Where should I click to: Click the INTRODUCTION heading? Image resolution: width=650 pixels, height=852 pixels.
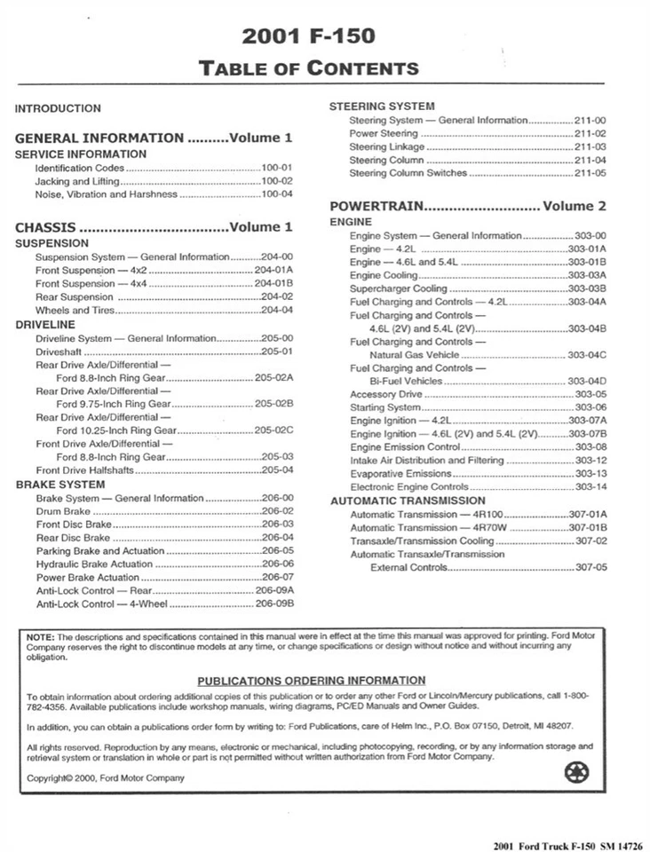coord(58,108)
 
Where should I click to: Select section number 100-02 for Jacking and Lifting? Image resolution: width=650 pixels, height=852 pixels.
coord(276,180)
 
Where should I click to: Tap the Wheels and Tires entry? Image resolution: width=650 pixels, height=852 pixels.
coord(75,311)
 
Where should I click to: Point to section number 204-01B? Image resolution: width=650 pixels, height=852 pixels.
coord(273,283)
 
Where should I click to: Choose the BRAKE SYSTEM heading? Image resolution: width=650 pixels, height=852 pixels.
coord(59,485)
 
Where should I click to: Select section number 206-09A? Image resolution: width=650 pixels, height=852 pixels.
coord(273,590)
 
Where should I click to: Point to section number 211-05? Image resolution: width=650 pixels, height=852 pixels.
coord(590,174)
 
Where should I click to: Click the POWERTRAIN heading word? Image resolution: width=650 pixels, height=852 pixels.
coord(377,206)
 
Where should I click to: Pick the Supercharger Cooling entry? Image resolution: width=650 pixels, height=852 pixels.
coord(399,288)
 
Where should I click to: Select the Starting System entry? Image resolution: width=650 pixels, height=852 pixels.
coord(384,406)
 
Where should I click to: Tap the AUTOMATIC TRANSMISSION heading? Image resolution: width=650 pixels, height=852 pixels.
coord(408,501)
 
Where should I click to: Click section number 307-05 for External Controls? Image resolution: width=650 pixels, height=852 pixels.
coord(591,567)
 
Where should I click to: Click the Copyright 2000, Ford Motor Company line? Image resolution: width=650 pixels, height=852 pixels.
coord(107,778)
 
